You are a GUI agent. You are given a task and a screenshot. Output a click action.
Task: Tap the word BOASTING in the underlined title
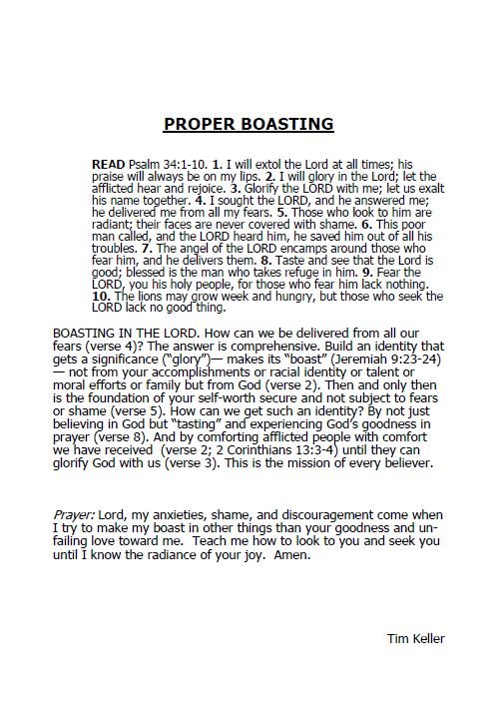point(285,125)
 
